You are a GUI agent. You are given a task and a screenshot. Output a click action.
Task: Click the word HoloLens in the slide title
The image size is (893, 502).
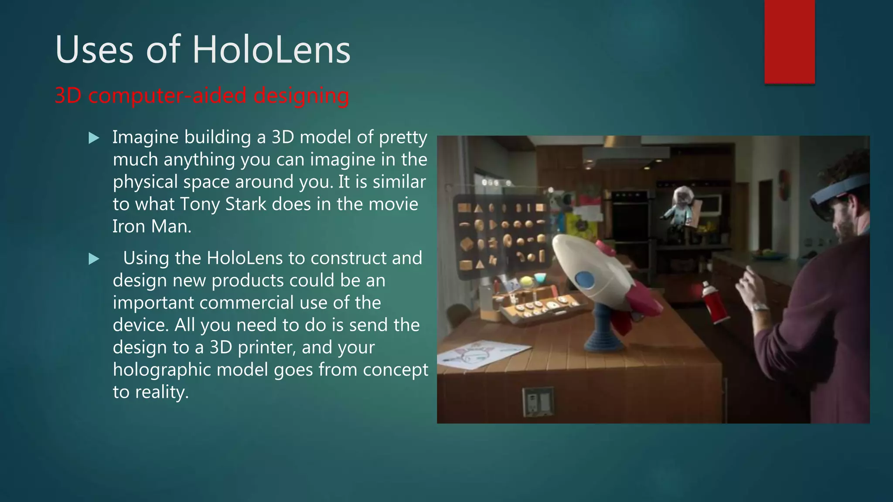[x=271, y=50]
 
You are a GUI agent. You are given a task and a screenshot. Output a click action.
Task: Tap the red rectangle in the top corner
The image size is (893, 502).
[x=789, y=41]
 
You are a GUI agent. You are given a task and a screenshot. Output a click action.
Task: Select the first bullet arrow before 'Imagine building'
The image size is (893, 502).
[x=94, y=138]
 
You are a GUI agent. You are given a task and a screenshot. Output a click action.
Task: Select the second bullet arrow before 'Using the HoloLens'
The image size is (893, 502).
[x=94, y=259]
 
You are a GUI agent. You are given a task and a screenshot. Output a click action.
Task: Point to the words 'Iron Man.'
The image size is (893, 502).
[x=152, y=226]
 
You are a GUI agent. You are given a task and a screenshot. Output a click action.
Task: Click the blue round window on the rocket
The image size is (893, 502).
[x=584, y=279]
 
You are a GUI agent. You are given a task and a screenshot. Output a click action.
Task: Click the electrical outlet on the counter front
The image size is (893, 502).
[x=538, y=401]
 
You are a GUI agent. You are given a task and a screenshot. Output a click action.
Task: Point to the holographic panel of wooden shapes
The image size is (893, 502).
[x=501, y=235]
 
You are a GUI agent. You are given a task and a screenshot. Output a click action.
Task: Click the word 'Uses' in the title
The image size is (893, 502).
[x=94, y=50]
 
